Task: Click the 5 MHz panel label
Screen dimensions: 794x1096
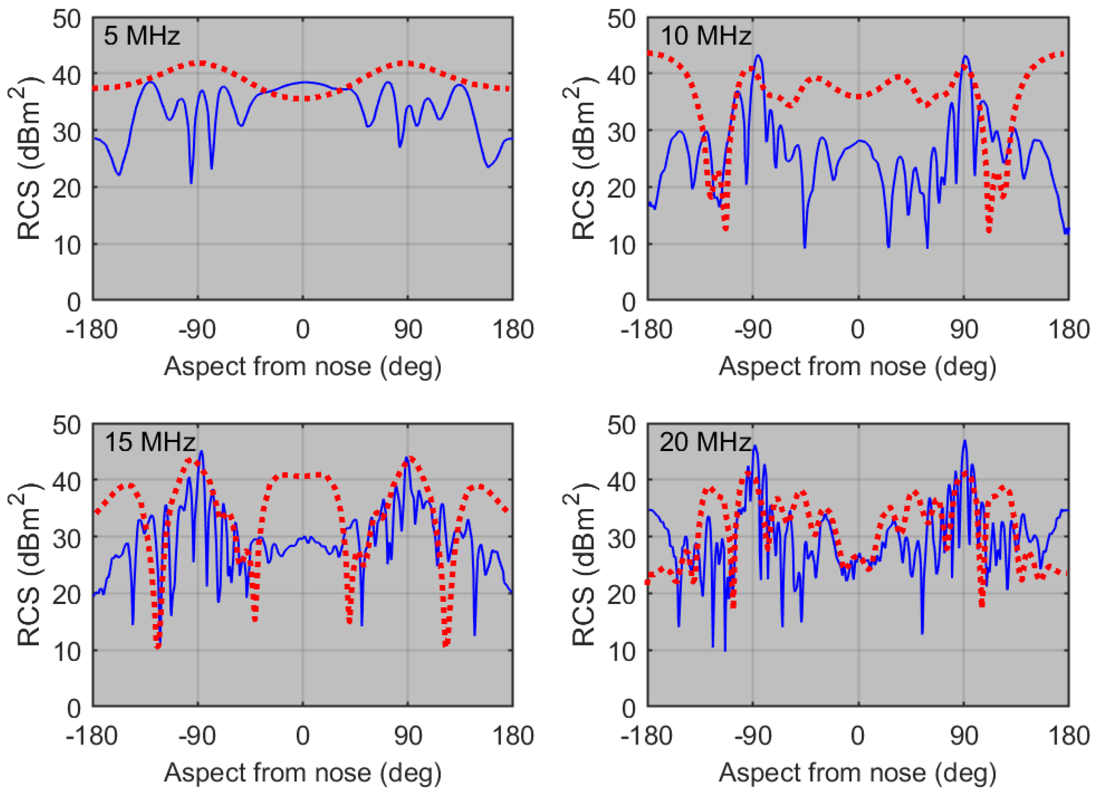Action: tap(141, 36)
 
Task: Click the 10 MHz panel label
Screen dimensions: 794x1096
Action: tap(705, 36)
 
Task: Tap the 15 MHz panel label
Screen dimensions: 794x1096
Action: tap(150, 442)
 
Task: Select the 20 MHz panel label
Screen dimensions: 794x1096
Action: tap(705, 442)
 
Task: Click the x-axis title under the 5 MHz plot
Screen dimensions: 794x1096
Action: tap(302, 367)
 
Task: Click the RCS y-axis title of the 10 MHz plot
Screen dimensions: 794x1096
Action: tap(582, 162)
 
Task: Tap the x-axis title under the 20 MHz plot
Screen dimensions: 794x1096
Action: tap(857, 773)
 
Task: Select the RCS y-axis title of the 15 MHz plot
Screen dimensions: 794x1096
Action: tap(28, 567)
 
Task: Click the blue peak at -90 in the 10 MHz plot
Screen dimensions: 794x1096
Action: tap(758, 55)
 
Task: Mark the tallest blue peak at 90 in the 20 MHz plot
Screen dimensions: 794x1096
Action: tap(965, 441)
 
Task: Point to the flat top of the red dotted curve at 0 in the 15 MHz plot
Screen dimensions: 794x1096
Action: tap(302, 476)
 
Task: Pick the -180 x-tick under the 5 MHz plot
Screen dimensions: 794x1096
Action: tap(92, 330)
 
